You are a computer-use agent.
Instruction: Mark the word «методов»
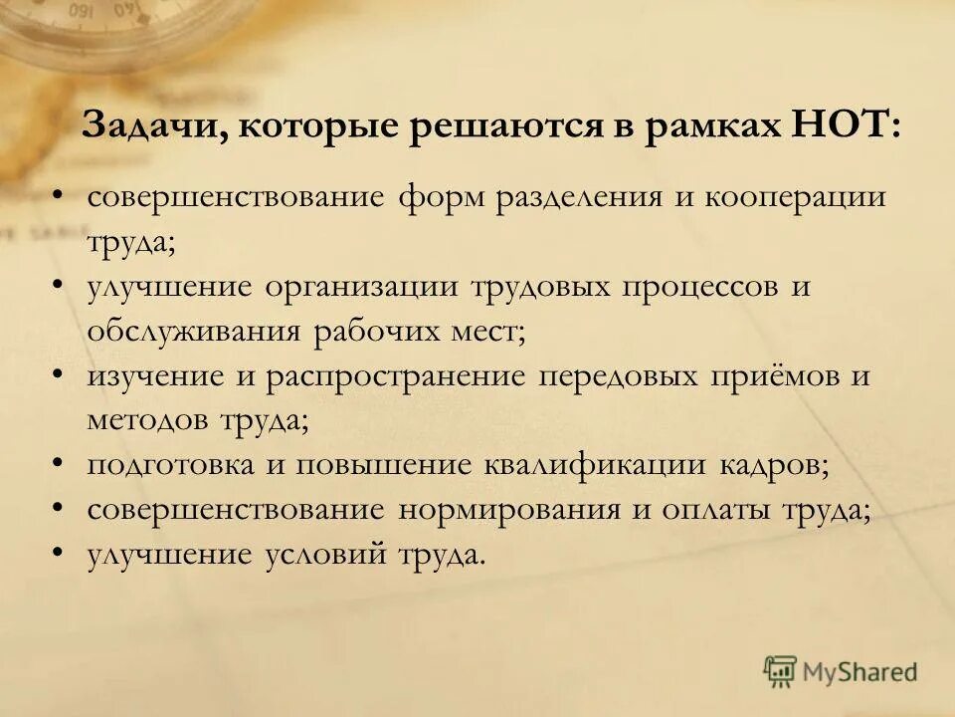pos(146,419)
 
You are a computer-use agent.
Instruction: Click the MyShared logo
pos(841,671)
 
